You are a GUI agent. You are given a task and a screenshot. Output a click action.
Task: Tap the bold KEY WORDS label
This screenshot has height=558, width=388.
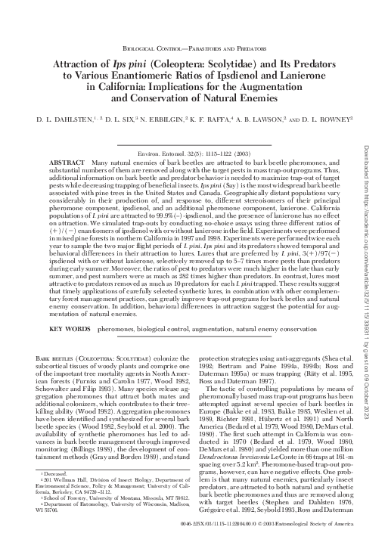pos(70,330)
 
